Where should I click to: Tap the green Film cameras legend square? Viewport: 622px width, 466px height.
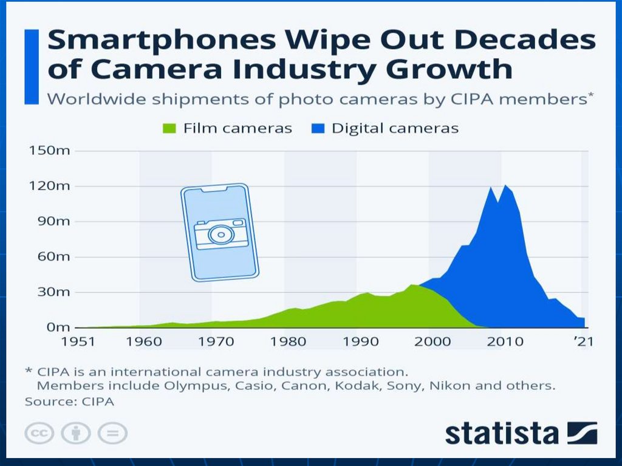pyautogui.click(x=169, y=129)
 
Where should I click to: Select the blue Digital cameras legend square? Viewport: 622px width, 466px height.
pyautogui.click(x=318, y=129)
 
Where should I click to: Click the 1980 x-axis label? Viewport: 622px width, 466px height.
pyautogui.click(x=289, y=341)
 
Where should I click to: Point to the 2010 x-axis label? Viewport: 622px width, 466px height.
pyautogui.click(x=504, y=341)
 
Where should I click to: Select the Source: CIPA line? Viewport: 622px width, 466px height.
pyautogui.click(x=69, y=402)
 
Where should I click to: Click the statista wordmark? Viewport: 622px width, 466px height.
pyautogui.click(x=502, y=433)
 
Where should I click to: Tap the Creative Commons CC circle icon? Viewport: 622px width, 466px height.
pyautogui.click(x=39, y=433)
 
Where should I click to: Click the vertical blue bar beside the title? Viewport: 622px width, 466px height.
pyautogui.click(x=31, y=66)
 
